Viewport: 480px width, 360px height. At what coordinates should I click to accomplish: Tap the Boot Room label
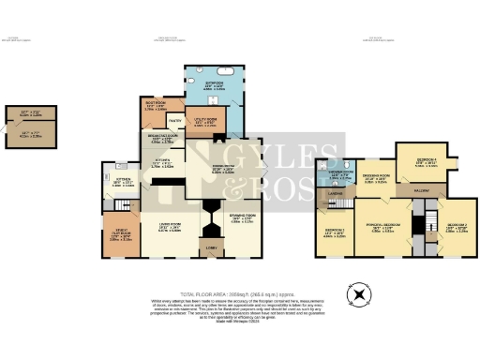click(x=156, y=105)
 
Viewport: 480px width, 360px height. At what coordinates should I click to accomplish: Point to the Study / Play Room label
click(x=120, y=234)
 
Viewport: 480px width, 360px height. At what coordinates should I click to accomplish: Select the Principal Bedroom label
click(x=383, y=226)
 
